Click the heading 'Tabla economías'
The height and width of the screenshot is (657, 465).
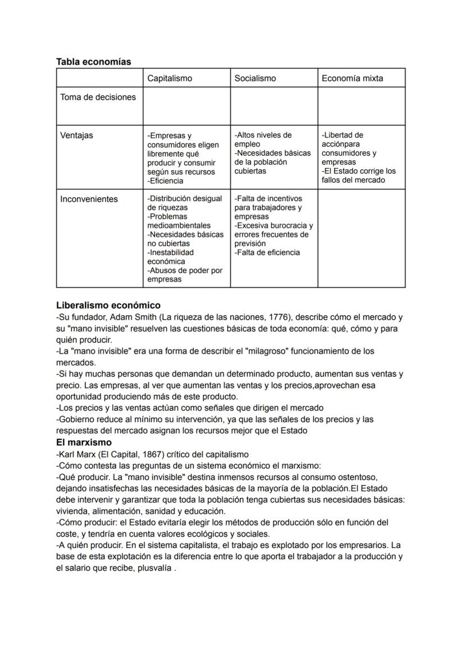93,62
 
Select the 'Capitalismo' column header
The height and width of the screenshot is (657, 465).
170,79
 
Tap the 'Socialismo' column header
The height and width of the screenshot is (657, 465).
255,79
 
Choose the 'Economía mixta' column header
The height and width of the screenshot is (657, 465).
352,79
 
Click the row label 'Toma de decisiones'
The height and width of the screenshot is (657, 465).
98,97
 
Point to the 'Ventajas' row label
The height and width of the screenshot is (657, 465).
77,135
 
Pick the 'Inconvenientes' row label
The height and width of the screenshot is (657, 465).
89,199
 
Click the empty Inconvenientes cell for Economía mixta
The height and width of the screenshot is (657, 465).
361,238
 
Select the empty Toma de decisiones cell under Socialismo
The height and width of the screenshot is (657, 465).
273,106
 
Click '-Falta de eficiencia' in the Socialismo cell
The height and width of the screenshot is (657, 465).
267,252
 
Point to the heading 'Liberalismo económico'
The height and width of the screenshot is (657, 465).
108,305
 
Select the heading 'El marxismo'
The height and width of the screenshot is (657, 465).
84,442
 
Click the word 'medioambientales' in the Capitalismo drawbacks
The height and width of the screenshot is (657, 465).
179,225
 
